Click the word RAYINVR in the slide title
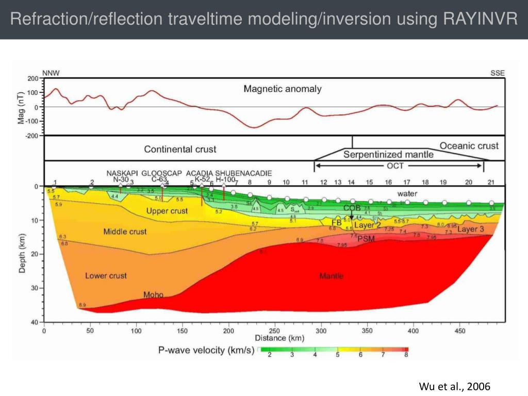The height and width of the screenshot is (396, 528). (480, 19)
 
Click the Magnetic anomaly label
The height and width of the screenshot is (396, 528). (282, 89)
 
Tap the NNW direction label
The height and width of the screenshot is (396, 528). (51, 73)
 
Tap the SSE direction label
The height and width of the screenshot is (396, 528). (498, 73)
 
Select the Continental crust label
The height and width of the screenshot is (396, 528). (180, 150)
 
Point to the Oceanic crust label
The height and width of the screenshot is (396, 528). (469, 146)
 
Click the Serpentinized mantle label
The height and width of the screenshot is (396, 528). (388, 154)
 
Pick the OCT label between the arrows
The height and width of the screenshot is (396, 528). (395, 166)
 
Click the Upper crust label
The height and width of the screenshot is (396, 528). (167, 211)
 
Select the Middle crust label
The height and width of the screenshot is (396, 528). (125, 232)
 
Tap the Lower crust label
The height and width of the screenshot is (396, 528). (106, 276)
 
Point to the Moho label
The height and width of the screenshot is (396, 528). (153, 295)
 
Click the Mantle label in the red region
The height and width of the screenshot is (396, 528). (331, 276)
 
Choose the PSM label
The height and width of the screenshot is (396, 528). (366, 239)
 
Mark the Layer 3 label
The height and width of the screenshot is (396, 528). (470, 229)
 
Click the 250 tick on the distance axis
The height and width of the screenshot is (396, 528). (274, 331)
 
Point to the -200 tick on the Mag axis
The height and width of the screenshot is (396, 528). (32, 136)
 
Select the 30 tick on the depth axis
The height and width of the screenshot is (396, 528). (35, 288)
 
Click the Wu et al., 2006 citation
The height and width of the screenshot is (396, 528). (454, 387)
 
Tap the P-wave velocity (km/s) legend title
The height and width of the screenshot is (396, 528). (206, 351)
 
